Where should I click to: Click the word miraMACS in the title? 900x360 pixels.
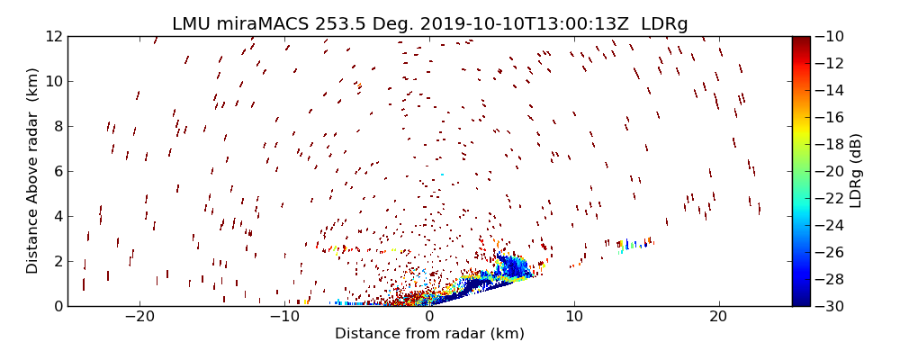point(266,23)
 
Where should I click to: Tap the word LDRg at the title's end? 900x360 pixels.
point(664,23)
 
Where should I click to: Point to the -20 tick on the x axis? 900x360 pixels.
point(139,317)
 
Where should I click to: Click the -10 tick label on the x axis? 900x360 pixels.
point(284,317)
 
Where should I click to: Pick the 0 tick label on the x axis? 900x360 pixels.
point(429,317)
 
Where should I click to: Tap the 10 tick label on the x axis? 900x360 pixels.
point(573,317)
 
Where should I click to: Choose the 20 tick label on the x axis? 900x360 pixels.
point(718,317)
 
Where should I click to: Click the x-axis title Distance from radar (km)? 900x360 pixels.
point(429,334)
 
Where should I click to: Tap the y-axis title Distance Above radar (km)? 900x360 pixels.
point(32,171)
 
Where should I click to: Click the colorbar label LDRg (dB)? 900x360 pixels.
point(856,171)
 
